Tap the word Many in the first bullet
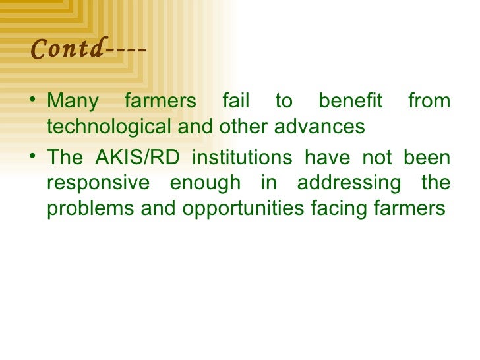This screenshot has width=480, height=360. [x=73, y=102]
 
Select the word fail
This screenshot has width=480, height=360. [x=235, y=102]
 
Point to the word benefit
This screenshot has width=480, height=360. [x=350, y=102]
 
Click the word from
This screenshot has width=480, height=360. [x=429, y=102]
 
